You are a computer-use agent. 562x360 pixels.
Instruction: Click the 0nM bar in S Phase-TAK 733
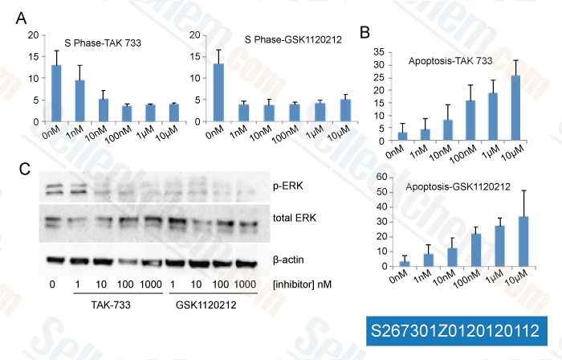click(56, 93)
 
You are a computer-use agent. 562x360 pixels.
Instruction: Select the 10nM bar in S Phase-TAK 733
click(104, 110)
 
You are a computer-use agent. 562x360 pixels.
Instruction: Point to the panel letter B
click(365, 33)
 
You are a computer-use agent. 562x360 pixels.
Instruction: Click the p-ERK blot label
click(285, 186)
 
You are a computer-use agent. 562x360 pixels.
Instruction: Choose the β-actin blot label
click(289, 260)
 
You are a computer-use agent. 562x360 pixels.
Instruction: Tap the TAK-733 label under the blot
click(108, 306)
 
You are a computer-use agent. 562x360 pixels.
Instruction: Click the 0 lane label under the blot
click(51, 284)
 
